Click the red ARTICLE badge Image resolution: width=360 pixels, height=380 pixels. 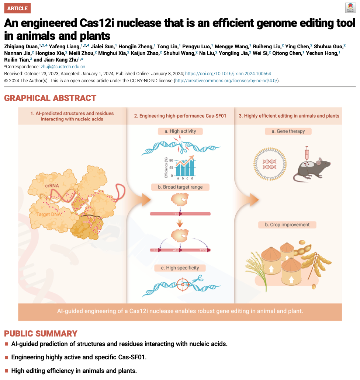[17, 8]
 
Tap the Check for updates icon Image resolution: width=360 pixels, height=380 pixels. [350, 8]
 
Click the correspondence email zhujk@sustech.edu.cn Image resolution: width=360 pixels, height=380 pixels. [63, 67]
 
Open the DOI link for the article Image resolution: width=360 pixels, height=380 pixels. [228, 74]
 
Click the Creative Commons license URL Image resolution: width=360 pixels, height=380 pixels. [226, 81]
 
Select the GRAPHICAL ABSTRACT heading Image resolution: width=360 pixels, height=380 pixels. [50, 98]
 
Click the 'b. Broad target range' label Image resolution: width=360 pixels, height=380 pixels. [180, 187]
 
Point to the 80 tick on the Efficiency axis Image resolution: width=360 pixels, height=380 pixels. [171, 160]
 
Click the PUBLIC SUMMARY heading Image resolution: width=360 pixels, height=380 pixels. [41, 334]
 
